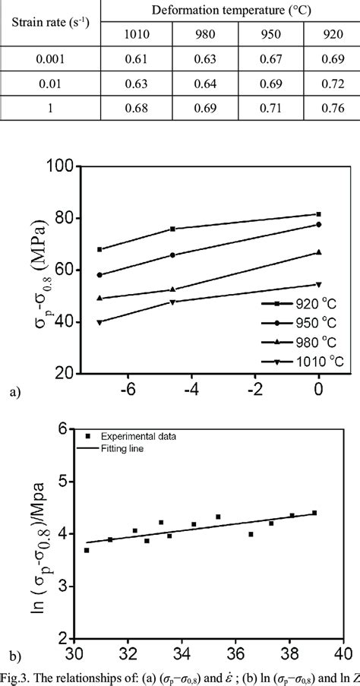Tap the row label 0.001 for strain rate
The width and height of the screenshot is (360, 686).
51,58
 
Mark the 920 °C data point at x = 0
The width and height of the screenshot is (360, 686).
319,214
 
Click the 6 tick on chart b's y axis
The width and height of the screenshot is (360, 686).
65,429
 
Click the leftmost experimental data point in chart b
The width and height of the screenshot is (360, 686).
87,550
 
